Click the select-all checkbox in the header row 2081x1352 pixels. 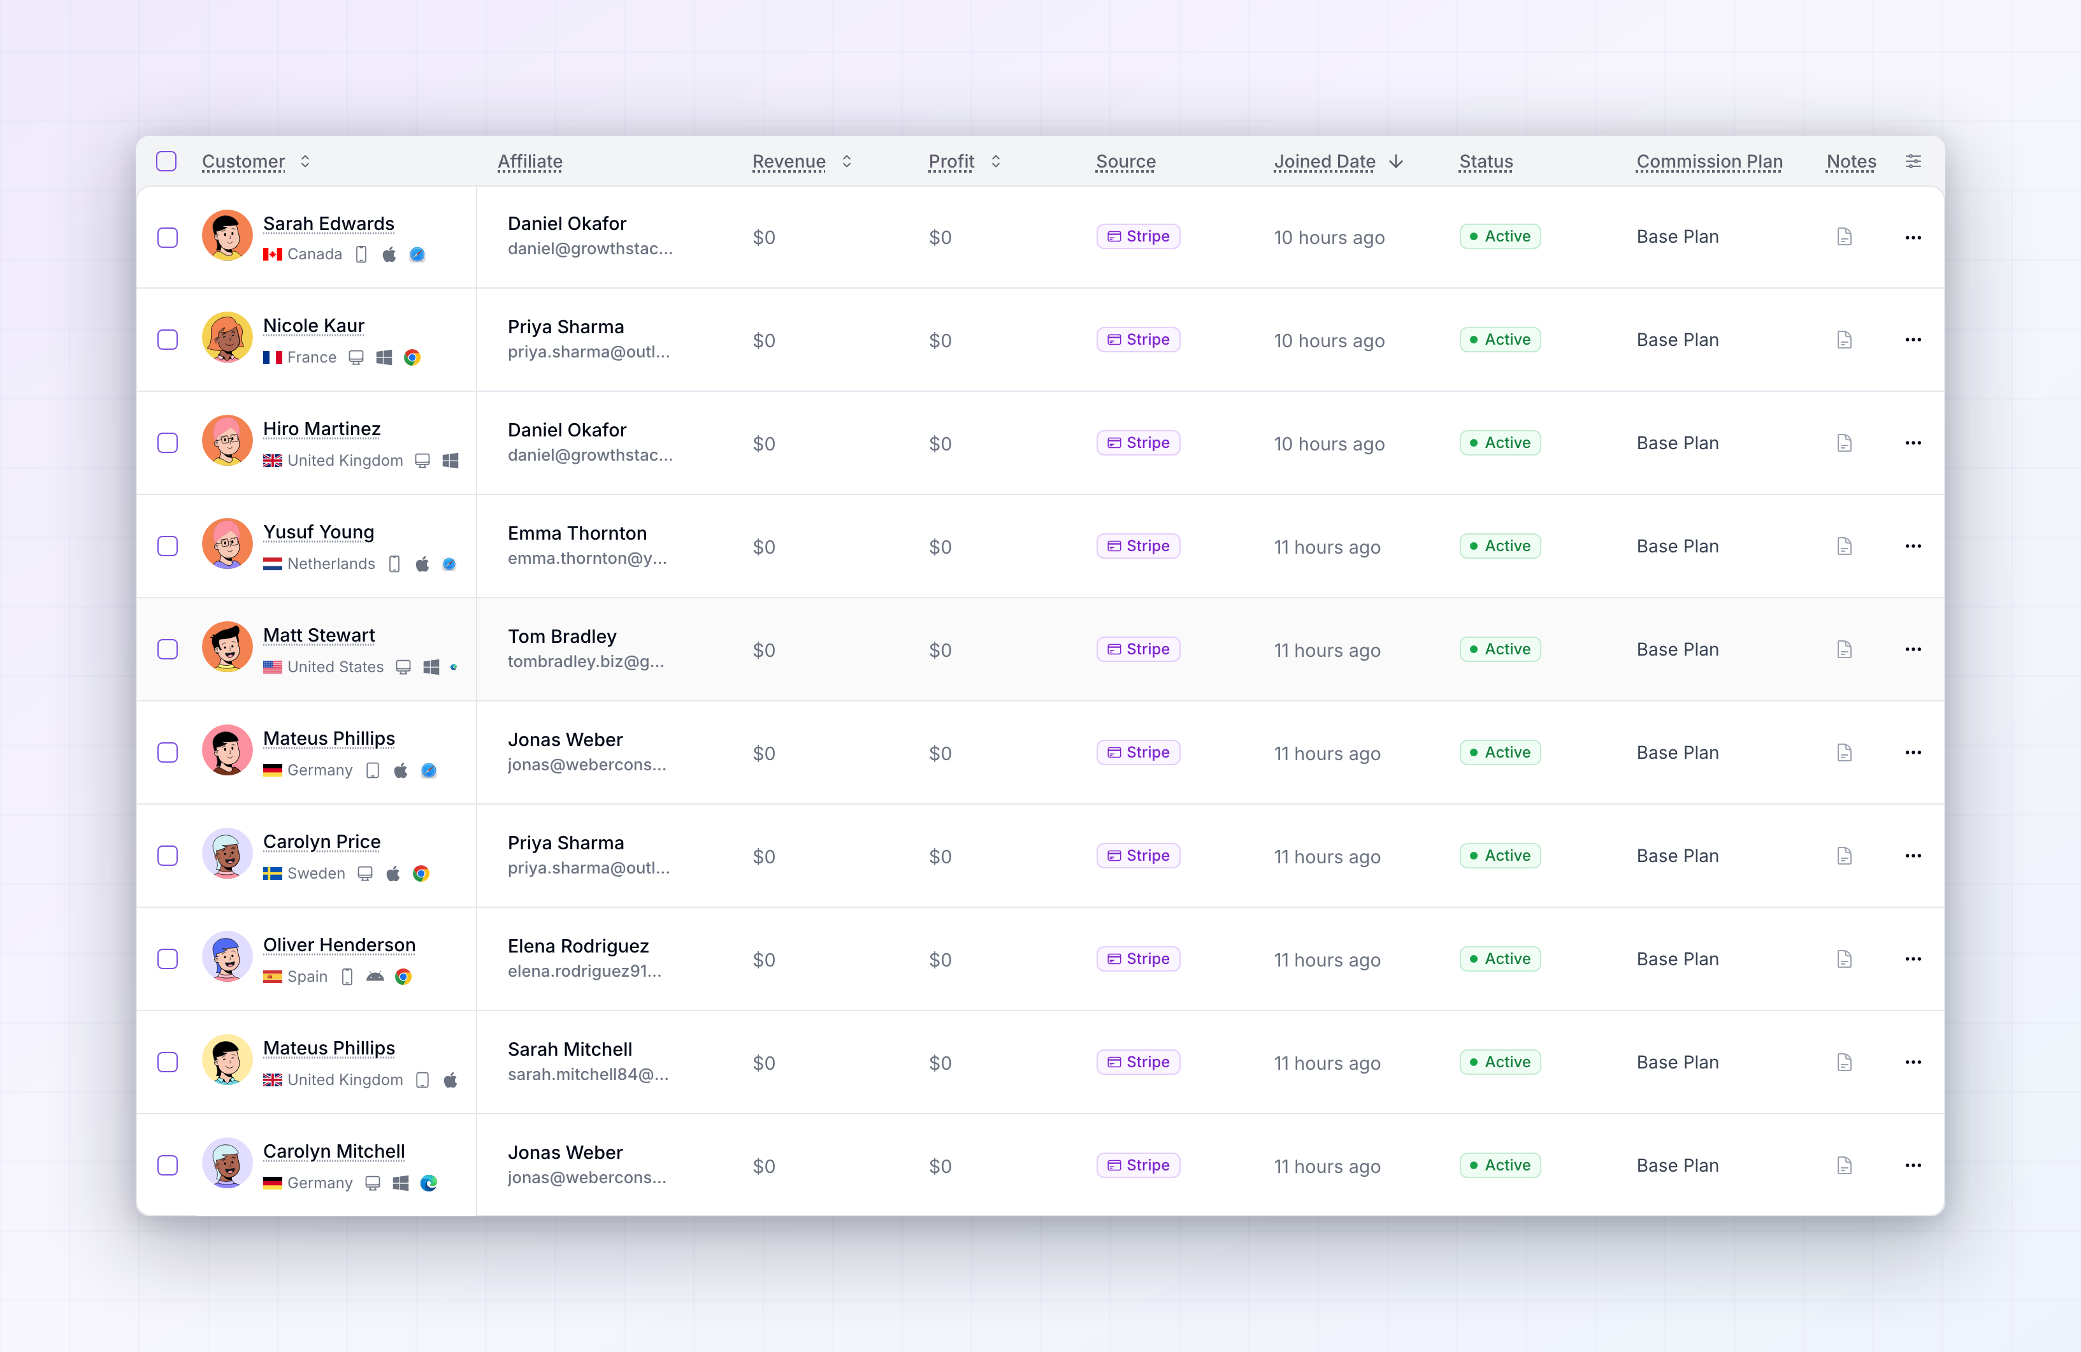tap(166, 162)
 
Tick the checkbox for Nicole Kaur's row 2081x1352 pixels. tap(167, 340)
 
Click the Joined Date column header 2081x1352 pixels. tap(1324, 162)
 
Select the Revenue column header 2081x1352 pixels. tap(789, 162)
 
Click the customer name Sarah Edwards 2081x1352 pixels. tap(329, 224)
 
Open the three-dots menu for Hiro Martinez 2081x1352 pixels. tap(1912, 443)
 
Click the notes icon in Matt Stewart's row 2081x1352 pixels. tap(1844, 650)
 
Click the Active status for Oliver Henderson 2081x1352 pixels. tap(1499, 960)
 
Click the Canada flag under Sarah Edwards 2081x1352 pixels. tap(273, 254)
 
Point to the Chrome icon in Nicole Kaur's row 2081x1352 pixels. tap(412, 357)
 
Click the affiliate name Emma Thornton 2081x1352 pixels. tap(577, 533)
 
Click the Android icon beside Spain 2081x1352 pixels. tap(375, 977)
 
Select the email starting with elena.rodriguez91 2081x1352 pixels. tap(584, 972)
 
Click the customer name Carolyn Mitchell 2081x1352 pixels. tap(334, 1152)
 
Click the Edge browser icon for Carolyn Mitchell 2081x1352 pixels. tap(428, 1183)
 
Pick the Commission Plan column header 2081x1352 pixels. tap(1710, 162)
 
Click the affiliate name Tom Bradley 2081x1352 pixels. tap(562, 636)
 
